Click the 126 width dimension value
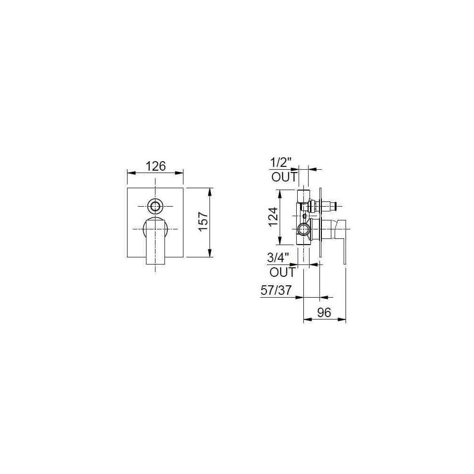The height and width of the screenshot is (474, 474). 155,166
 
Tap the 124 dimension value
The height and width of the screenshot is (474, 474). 273,217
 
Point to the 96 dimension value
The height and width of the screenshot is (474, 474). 324,312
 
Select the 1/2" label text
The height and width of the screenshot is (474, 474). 281,164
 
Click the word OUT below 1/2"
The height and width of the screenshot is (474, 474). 284,177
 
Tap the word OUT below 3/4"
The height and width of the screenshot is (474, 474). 283,272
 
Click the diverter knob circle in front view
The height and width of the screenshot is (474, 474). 155,207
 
